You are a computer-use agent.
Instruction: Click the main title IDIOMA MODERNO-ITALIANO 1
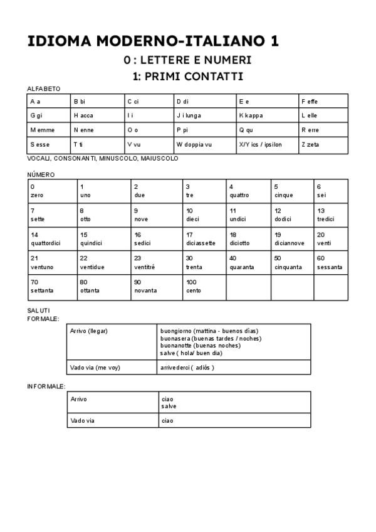click(x=153, y=41)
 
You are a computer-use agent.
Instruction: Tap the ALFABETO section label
click(x=44, y=89)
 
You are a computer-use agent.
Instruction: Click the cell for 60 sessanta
click(x=330, y=263)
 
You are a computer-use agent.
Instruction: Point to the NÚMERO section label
click(x=41, y=174)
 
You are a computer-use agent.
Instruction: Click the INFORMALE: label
click(x=46, y=386)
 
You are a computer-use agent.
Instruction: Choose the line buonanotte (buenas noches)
click(x=201, y=346)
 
